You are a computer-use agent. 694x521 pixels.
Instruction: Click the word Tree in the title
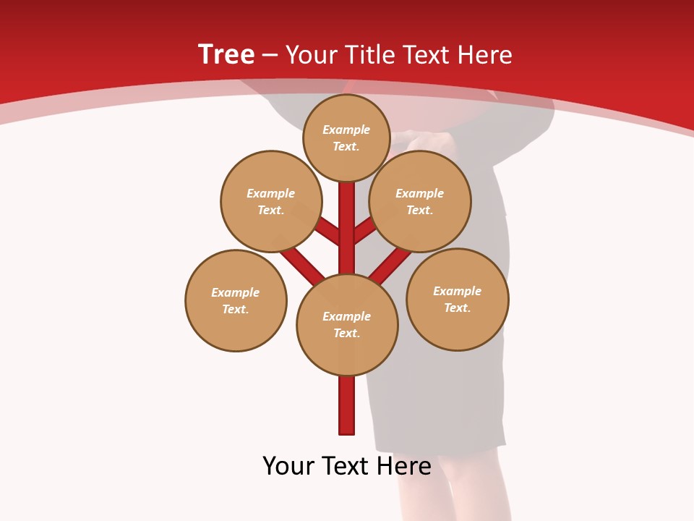click(226, 54)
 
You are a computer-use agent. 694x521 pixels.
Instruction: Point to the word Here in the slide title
click(485, 55)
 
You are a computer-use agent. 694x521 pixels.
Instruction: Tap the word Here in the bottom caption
click(404, 466)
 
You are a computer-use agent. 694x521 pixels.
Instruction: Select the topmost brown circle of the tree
click(346, 137)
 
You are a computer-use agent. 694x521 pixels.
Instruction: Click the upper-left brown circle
click(271, 201)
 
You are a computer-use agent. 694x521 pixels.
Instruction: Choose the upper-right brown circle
click(420, 201)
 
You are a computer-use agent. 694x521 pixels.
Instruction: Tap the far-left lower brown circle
click(236, 300)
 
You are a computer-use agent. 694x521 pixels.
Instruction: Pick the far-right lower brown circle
click(458, 299)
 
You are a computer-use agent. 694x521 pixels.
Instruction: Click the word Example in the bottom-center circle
click(346, 316)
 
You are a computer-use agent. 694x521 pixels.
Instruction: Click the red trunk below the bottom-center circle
click(347, 405)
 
